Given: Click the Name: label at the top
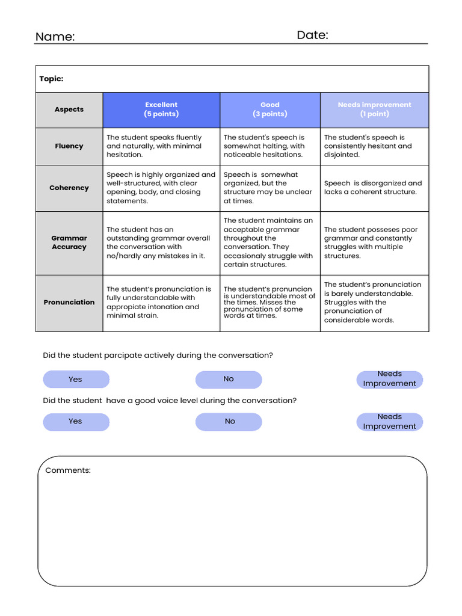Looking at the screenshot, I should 55,37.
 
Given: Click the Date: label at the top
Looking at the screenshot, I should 312,35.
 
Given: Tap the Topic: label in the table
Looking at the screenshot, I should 51,79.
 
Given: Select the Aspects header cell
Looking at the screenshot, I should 69,109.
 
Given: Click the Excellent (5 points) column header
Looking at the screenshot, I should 161,109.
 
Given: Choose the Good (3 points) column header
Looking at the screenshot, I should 270,109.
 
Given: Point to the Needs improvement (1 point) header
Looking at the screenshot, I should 374,109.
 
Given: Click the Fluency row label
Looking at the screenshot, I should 69,146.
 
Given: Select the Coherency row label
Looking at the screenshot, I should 69,188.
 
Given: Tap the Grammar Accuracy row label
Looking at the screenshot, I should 69,242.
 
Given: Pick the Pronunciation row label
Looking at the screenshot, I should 69,303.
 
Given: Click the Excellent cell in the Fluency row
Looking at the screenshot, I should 161,146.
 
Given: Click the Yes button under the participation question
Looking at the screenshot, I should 76,380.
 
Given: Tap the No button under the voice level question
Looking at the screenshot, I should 229,422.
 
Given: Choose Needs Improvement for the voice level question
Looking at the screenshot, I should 390,422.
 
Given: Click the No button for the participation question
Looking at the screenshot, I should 229,379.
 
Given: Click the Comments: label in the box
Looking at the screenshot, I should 68,470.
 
